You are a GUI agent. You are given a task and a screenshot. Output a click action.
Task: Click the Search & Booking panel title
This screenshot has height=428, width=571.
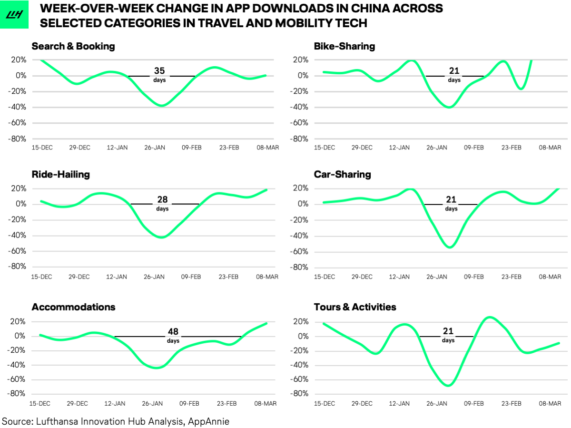[73, 46]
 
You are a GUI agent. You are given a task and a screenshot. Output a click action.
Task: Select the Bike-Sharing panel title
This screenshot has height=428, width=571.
[344, 46]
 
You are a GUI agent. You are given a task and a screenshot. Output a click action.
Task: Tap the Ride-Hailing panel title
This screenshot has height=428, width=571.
[60, 174]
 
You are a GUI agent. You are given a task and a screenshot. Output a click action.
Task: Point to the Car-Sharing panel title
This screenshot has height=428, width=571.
[342, 174]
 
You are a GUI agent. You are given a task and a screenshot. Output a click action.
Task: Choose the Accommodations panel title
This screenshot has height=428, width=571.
[73, 307]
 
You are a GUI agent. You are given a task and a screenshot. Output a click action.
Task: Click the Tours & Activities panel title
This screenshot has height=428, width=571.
[355, 307]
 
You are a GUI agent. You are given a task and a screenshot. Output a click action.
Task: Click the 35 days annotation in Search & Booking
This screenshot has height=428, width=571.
[159, 74]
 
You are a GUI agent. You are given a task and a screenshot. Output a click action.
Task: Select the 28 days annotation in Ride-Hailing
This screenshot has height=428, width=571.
[162, 202]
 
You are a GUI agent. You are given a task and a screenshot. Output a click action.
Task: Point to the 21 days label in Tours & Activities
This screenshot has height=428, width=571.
[448, 334]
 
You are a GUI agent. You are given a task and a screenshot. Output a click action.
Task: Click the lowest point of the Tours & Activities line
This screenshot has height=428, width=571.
[448, 385]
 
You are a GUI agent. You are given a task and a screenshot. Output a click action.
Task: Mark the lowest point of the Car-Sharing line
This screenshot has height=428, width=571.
[450, 247]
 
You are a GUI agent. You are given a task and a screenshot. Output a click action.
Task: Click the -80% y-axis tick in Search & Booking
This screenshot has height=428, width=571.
[19, 139]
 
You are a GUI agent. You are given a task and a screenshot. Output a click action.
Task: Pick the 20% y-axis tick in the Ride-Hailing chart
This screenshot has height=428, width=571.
[19, 189]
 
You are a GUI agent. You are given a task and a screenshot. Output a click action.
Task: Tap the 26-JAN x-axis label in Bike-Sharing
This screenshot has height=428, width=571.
[436, 148]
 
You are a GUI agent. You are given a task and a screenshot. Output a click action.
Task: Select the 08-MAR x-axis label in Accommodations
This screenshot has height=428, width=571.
[265, 404]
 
